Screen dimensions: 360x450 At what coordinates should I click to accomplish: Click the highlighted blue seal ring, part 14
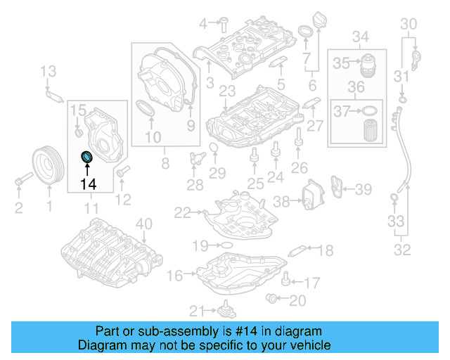click(86, 156)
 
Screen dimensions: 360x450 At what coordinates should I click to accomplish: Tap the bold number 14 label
click(88, 184)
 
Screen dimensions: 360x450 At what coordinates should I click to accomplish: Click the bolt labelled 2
click(19, 184)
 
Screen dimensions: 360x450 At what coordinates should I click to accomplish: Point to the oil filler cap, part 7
click(306, 33)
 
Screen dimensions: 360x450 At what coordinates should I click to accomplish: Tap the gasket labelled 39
click(340, 189)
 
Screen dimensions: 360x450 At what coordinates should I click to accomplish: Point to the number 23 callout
click(226, 91)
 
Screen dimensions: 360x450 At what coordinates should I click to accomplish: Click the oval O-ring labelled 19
click(226, 245)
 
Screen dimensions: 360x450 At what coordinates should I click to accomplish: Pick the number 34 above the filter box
click(360, 36)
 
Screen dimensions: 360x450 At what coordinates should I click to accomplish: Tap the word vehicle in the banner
click(309, 345)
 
